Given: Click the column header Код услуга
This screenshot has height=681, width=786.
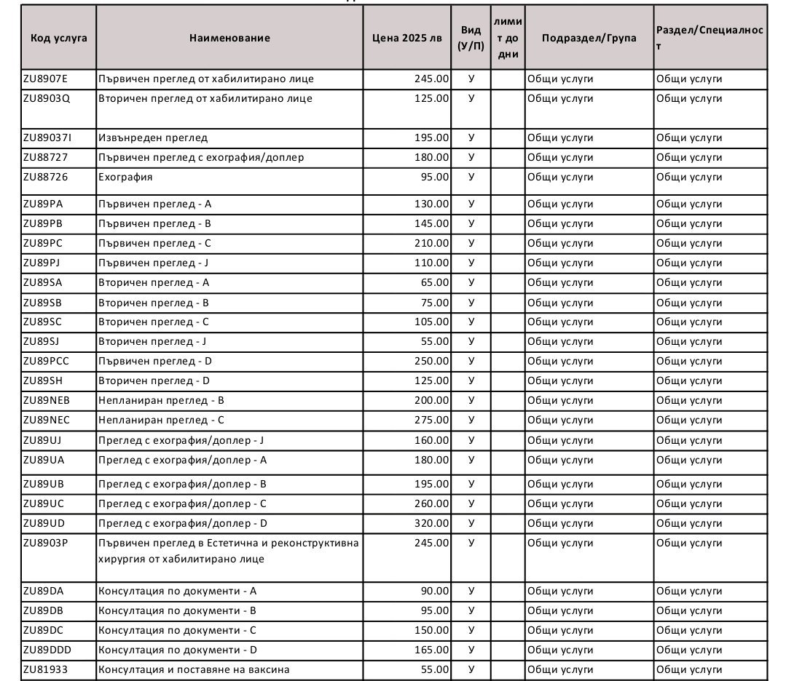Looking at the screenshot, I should click(58, 38).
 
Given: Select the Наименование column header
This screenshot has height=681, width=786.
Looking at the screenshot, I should click(229, 38).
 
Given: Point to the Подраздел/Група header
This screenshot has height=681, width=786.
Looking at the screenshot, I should click(589, 38).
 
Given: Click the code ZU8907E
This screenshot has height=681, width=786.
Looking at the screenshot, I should click(45, 79).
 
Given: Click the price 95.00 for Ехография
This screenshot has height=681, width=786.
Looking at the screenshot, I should click(435, 177).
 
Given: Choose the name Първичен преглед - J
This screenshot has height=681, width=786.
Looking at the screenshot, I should click(154, 263).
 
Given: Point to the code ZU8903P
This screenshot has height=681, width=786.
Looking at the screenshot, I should click(45, 543).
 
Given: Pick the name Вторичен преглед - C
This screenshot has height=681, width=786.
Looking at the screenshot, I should click(154, 322).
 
